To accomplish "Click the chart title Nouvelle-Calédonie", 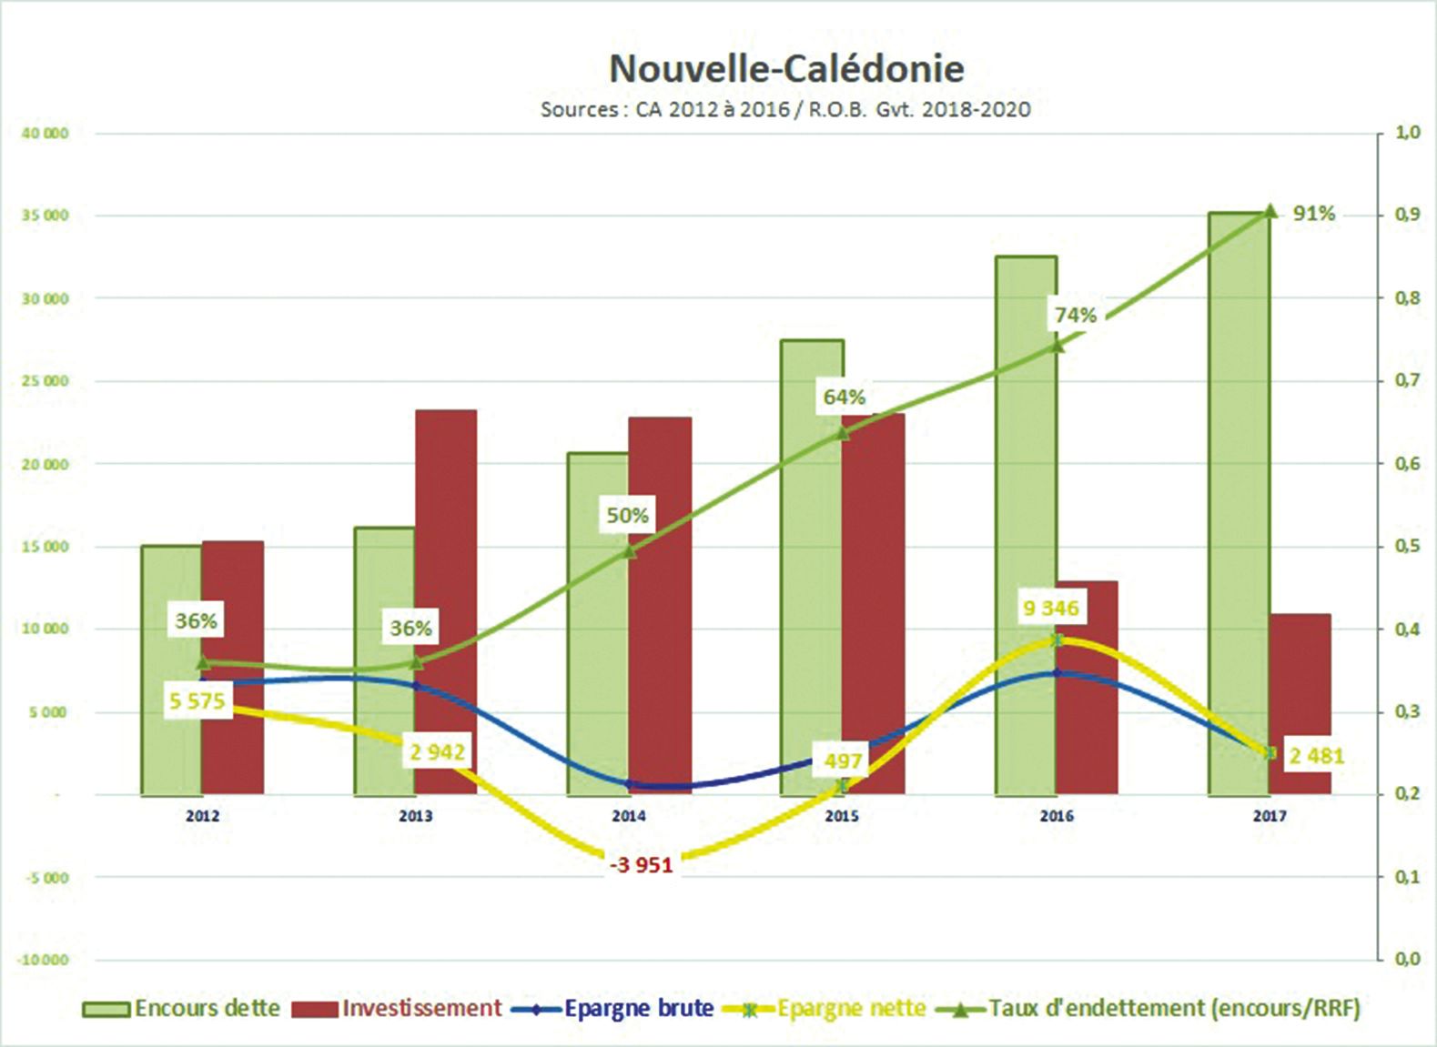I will [x=786, y=69].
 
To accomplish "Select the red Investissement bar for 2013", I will [x=446, y=600].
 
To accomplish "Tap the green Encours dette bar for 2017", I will [x=1239, y=500].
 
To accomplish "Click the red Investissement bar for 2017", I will [x=1300, y=705].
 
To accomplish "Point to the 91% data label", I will [x=1314, y=214].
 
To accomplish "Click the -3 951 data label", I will [x=643, y=865].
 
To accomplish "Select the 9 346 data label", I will [x=1050, y=609].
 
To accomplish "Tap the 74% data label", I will [x=1075, y=316].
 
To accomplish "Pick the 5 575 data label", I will [x=197, y=701].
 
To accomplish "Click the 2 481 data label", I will [x=1316, y=756].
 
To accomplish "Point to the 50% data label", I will [x=627, y=516].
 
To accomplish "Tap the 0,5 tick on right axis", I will [x=1407, y=547].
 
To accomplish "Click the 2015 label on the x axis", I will [x=842, y=817].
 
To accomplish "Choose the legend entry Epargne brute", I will [x=638, y=1009].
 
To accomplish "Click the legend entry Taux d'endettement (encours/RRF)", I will [x=1174, y=1009].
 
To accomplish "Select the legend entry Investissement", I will [x=421, y=1009].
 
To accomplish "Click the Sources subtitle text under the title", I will [x=785, y=110].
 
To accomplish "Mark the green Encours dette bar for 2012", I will [x=171, y=669].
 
